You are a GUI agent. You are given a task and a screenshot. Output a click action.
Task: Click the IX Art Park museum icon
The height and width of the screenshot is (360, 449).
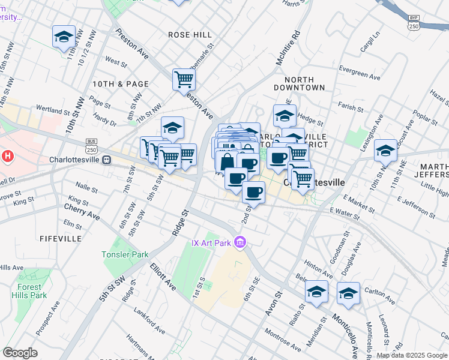coord(240,243)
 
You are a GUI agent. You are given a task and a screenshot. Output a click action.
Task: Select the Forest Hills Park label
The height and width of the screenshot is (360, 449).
coord(29,291)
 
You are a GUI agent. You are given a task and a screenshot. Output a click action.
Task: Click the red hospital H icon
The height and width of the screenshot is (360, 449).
coord(7,157)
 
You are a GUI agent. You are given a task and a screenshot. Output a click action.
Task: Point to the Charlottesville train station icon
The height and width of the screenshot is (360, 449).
coord(107,160)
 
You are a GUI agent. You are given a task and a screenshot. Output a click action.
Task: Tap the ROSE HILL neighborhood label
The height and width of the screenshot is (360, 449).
coord(190,35)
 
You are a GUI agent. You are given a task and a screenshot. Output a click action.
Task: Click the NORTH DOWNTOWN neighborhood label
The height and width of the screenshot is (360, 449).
coord(304,83)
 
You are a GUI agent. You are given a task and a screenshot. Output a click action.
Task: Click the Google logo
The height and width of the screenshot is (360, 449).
coord(20,352)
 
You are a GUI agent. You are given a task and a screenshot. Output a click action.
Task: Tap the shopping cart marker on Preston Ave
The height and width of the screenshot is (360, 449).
coord(184,79)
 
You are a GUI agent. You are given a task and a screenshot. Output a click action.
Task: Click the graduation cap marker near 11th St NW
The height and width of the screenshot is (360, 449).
coord(64,37)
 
